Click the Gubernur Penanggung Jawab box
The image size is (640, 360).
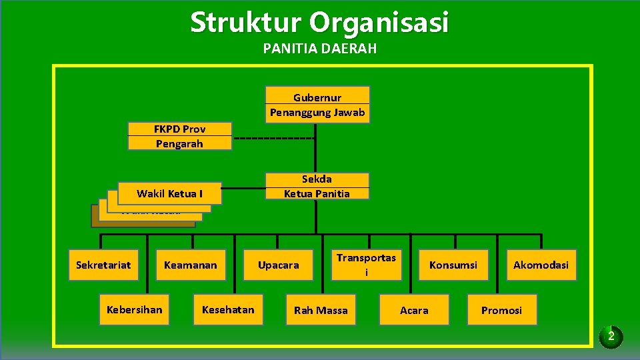click(317, 105)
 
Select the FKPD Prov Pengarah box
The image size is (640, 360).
click(179, 136)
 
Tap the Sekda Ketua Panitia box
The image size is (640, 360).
click(317, 186)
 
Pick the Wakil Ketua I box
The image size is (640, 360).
click(169, 193)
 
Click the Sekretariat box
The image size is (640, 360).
click(103, 265)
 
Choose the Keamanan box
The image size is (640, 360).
click(191, 265)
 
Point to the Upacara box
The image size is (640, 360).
click(279, 265)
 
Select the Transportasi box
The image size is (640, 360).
click(366, 265)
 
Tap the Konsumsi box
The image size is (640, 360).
click(453, 265)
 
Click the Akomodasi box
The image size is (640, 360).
click(541, 265)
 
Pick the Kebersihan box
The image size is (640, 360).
click(134, 310)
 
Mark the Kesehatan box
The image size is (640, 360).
click(228, 310)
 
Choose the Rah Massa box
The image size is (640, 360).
click(321, 310)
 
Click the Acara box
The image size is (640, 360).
click(414, 310)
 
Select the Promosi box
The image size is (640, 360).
click(502, 310)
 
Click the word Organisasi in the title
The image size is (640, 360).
click(379, 23)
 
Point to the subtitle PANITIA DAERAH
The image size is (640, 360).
click(320, 49)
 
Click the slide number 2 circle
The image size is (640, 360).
click(611, 336)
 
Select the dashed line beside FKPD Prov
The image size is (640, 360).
click(273, 138)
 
